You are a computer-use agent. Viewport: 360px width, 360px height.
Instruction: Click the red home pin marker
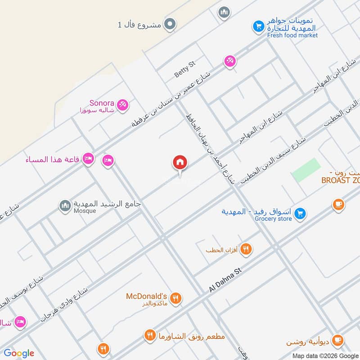pyautogui.click(x=180, y=162)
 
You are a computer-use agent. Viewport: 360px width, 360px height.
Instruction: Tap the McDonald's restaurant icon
pyautogui.click(x=176, y=298)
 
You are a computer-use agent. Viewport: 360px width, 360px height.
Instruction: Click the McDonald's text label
pyautogui.click(x=146, y=296)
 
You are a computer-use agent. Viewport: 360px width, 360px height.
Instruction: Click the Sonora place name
pyautogui.click(x=102, y=103)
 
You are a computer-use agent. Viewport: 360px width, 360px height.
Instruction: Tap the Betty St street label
pyautogui.click(x=185, y=69)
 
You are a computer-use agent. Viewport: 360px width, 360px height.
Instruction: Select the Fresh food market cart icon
pyautogui.click(x=258, y=27)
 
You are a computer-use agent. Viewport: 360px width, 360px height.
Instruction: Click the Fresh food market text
pyautogui.click(x=292, y=35)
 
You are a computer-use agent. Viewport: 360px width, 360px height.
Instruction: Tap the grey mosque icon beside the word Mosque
pyautogui.click(x=65, y=206)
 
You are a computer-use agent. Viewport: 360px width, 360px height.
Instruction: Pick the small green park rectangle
pyautogui.click(x=306, y=170)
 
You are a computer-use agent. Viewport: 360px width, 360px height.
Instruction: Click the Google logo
pyautogui.click(x=19, y=353)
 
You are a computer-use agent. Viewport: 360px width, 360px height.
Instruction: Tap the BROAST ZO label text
pyautogui.click(x=340, y=180)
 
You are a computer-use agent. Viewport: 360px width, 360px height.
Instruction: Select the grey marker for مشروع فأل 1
pyautogui.click(x=169, y=24)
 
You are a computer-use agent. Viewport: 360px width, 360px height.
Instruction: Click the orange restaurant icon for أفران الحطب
pyautogui.click(x=246, y=249)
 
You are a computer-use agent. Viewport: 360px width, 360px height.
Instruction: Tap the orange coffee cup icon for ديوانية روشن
pyautogui.click(x=338, y=341)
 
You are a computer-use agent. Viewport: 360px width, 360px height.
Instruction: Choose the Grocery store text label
pyautogui.click(x=273, y=219)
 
